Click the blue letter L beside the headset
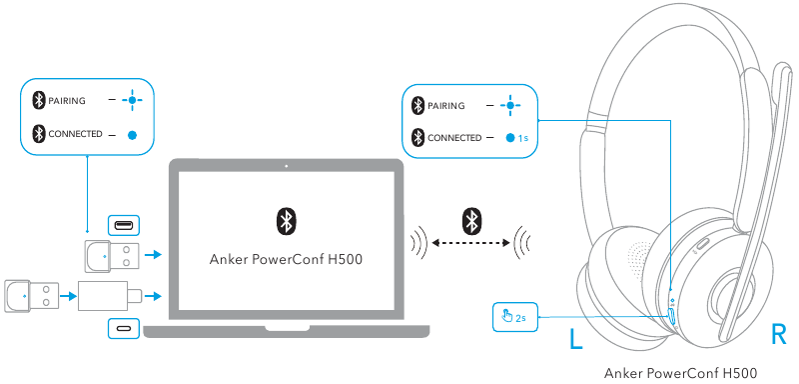coord(575,337)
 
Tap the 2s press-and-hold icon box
coord(515,317)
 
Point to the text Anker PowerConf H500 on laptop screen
coord(285,260)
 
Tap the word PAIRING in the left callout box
coord(67,100)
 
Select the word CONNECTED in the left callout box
coord(76,133)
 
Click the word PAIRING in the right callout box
coord(448,105)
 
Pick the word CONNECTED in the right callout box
coord(455,137)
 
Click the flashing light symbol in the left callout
coord(132,100)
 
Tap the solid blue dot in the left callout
coord(132,133)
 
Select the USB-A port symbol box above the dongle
coord(124,225)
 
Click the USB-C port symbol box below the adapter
coord(124,327)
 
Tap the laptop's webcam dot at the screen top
coord(286,165)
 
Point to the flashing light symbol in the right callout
coord(511,105)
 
